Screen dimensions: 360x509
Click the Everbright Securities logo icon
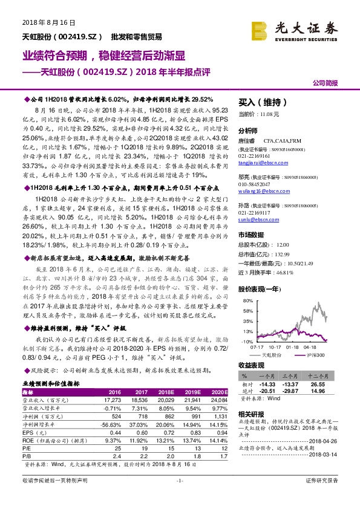click(x=261, y=29)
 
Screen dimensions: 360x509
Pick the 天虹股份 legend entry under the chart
click(x=271, y=355)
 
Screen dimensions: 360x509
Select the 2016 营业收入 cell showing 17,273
click(x=114, y=399)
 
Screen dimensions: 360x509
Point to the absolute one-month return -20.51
click(x=267, y=391)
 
